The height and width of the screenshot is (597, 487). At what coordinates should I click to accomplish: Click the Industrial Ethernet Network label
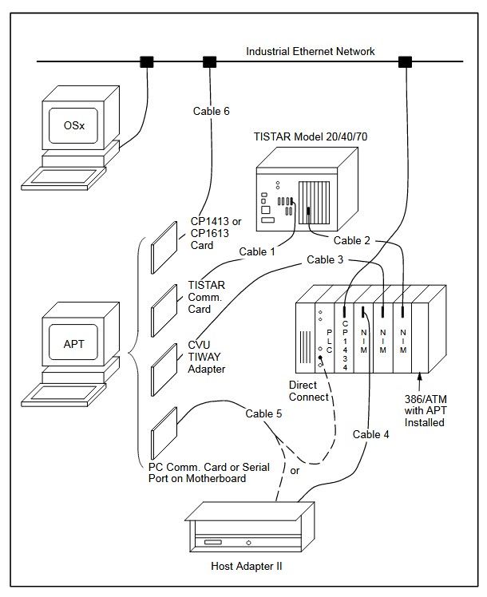[310, 52]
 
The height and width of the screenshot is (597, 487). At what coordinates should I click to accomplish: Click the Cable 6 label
[211, 111]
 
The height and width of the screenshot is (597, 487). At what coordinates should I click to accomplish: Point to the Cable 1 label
[257, 251]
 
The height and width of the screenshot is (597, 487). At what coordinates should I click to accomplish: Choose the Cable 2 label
[351, 240]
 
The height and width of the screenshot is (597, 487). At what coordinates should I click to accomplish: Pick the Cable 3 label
[325, 260]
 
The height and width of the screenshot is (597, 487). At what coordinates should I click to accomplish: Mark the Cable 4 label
[370, 434]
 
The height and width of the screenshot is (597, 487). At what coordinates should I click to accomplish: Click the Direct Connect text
[310, 391]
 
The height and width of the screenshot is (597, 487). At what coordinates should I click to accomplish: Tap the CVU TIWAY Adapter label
[207, 357]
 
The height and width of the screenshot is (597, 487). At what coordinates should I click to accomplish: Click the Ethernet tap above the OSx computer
[147, 61]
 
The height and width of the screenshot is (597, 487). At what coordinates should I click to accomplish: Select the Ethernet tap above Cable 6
[210, 61]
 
